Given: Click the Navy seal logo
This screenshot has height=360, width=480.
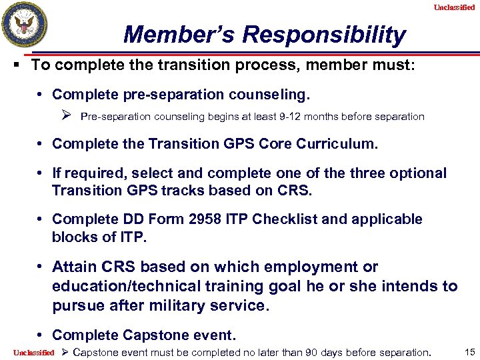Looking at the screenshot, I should pos(25,25).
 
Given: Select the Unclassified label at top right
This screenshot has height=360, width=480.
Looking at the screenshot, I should pos(454,7).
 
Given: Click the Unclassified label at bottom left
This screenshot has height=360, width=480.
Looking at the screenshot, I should pos(33,352).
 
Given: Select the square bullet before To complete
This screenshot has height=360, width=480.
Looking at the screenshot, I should pos(22,65).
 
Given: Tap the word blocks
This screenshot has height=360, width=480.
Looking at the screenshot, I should pos(75,237).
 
